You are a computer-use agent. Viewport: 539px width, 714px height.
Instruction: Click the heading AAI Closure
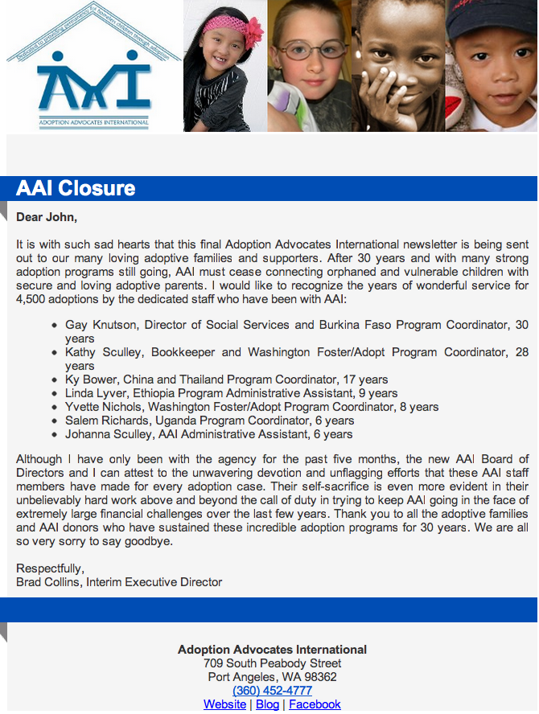point(76,188)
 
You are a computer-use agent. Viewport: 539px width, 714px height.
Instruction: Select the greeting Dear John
point(47,216)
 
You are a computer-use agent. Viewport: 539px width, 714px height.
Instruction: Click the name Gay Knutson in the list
point(99,325)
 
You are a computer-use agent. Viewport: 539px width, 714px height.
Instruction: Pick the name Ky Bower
point(91,380)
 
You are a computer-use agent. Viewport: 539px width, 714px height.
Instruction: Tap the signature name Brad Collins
point(49,582)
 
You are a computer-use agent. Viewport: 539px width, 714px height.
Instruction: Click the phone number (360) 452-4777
point(272,691)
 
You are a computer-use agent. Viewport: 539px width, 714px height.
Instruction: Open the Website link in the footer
point(224,704)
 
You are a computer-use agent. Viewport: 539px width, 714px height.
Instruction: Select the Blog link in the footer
point(267,704)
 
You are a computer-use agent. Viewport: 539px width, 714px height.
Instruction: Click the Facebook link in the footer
point(315,704)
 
